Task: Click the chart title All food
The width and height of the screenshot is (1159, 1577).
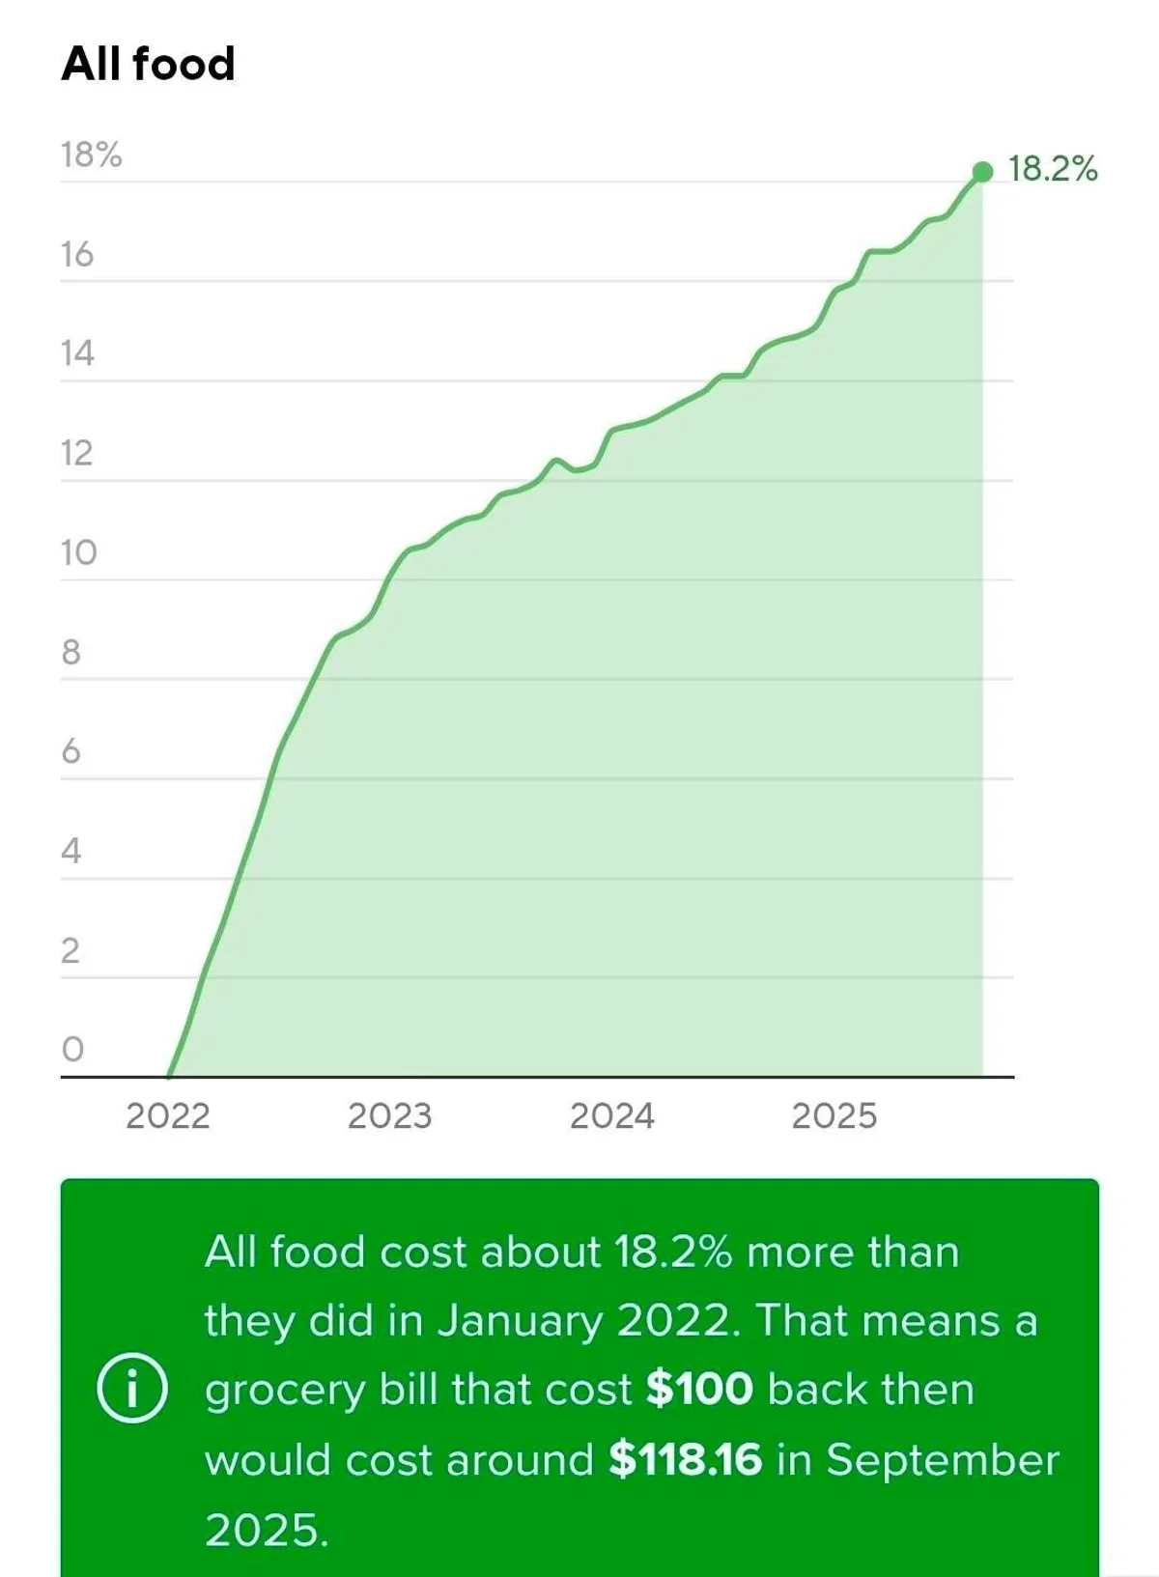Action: click(x=148, y=64)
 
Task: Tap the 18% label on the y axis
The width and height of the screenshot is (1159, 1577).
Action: click(x=91, y=155)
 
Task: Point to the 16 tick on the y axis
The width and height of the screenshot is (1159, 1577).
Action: click(x=76, y=254)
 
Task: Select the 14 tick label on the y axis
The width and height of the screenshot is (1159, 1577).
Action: click(x=76, y=353)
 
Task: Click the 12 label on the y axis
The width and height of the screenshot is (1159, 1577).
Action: click(x=76, y=453)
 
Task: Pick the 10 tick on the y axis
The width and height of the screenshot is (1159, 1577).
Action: click(x=78, y=552)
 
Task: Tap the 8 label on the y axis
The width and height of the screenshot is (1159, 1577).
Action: click(x=71, y=652)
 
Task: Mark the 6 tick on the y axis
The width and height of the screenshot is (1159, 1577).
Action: click(x=71, y=751)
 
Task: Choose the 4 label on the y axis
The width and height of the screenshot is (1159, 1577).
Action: click(x=71, y=851)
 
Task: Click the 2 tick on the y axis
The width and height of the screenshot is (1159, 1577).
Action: click(x=70, y=951)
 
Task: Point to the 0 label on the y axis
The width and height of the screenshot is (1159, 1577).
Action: click(x=72, y=1049)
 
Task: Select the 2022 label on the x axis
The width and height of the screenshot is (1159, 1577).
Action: click(x=167, y=1116)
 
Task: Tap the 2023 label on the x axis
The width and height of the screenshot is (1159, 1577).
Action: click(x=389, y=1116)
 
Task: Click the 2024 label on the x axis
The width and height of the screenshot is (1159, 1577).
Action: click(x=611, y=1116)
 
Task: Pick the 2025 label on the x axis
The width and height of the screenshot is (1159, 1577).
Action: click(x=834, y=1116)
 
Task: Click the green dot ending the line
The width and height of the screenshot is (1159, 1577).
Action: click(x=982, y=172)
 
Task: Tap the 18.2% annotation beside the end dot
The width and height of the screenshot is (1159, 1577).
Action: click(x=1053, y=169)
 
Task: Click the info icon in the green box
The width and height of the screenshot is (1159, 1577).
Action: click(x=132, y=1390)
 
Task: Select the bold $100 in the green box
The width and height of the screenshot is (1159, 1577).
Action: click(x=699, y=1390)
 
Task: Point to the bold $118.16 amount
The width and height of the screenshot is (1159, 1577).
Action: click(x=685, y=1459)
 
